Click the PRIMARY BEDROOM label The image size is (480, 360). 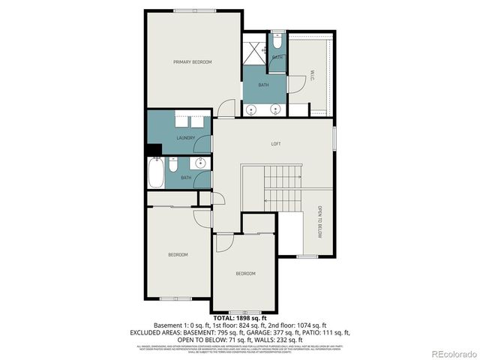(x=193, y=61)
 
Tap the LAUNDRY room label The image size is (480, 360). (x=186, y=138)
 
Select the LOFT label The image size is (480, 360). (x=276, y=143)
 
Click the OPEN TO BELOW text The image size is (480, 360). (x=319, y=222)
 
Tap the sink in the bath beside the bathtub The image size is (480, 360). (x=200, y=164)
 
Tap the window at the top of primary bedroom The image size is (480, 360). (x=193, y=10)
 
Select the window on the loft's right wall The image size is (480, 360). (x=334, y=140)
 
